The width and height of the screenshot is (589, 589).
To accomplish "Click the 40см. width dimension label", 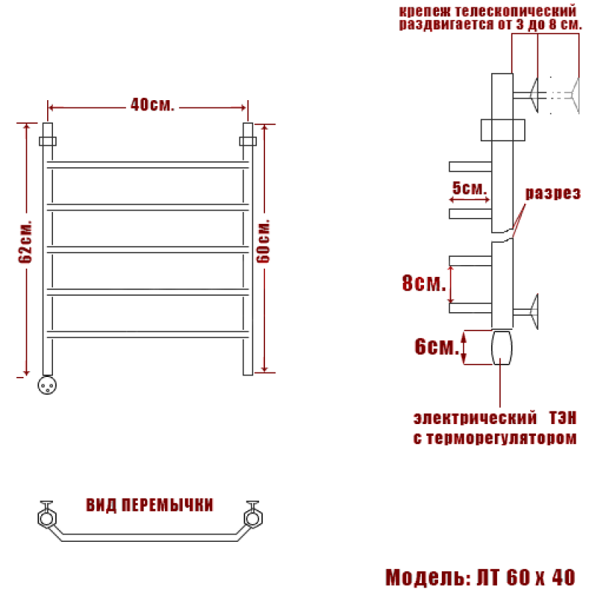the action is point(152,105).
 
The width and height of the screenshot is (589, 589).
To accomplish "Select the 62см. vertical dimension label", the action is point(26,241).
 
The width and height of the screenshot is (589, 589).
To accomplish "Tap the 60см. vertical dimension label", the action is point(264,241).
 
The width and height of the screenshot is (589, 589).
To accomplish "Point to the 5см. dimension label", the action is point(469,188).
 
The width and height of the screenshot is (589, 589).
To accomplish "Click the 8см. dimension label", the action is point(424,283).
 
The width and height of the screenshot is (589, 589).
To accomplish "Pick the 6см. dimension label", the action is point(437,346).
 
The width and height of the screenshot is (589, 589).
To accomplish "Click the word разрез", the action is point(553,193).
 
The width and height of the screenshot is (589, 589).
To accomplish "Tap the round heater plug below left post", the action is point(47,385).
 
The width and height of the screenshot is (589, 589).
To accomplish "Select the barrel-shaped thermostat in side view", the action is point(502,348).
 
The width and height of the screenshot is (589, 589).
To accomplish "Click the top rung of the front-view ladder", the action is point(148,165).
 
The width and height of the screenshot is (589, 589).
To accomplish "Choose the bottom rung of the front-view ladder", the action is point(148,334).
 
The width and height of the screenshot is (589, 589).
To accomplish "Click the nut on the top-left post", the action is point(48,141).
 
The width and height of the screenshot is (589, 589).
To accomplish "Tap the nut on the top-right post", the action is point(248,141).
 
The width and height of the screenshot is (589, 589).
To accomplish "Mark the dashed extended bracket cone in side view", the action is point(576,95).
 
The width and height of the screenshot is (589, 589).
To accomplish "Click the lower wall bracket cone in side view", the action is point(534,311).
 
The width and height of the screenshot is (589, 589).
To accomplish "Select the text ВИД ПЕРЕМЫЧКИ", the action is point(149,505).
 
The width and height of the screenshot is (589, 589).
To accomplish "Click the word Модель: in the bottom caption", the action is point(428,577).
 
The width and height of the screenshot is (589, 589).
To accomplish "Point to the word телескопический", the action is point(515,11).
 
